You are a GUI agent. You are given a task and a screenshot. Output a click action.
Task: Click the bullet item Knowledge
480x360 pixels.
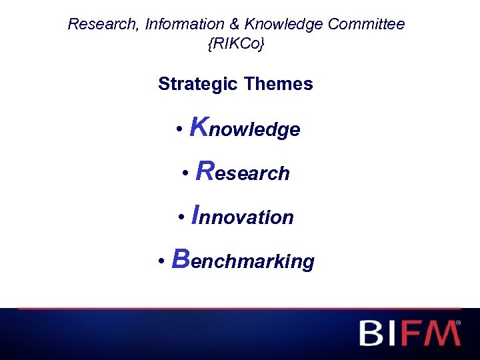pyautogui.click(x=245, y=127)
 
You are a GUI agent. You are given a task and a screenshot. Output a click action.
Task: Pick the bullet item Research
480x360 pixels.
pyautogui.click(x=243, y=172)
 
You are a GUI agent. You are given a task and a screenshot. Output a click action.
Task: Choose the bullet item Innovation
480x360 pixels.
pyautogui.click(x=243, y=216)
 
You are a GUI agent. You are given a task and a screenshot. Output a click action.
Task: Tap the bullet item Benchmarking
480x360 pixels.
pyautogui.click(x=243, y=260)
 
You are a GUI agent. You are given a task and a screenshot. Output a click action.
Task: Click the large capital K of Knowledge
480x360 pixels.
pyautogui.click(x=199, y=126)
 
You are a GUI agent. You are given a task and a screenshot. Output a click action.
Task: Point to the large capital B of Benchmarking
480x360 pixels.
pyautogui.click(x=181, y=259)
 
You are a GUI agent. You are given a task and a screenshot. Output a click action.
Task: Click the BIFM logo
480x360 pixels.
pyautogui.click(x=409, y=333)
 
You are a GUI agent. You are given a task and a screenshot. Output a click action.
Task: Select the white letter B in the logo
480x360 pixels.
pyautogui.click(x=371, y=333)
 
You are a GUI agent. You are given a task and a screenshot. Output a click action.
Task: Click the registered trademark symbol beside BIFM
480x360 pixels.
pyautogui.click(x=458, y=323)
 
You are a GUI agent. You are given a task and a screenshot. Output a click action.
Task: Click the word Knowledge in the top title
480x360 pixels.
pyautogui.click(x=285, y=25)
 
